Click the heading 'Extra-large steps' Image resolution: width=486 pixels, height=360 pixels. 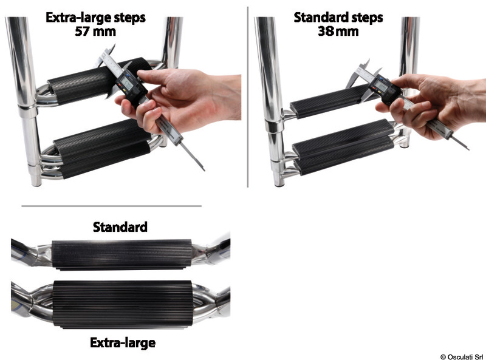(95, 17)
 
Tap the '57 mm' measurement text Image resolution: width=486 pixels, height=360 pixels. (95, 31)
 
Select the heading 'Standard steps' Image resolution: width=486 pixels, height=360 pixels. (338, 17)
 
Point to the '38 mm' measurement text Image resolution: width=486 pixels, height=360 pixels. (338, 31)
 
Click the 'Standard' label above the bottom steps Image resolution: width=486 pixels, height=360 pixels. (120, 228)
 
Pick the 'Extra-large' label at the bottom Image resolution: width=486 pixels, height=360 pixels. (122, 343)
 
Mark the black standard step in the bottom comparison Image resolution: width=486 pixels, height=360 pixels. (122, 254)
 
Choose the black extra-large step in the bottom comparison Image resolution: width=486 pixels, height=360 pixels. (122, 304)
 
